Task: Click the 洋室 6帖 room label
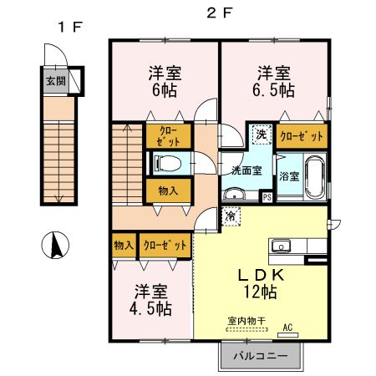(x=165, y=81)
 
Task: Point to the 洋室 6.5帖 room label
(x=273, y=81)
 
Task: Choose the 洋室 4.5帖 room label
(x=152, y=300)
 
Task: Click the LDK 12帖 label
(x=260, y=283)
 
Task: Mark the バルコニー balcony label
(x=259, y=355)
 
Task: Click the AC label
(x=288, y=328)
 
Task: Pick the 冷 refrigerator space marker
(x=230, y=216)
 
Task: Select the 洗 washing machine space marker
(x=261, y=135)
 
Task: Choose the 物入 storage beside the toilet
(x=168, y=191)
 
